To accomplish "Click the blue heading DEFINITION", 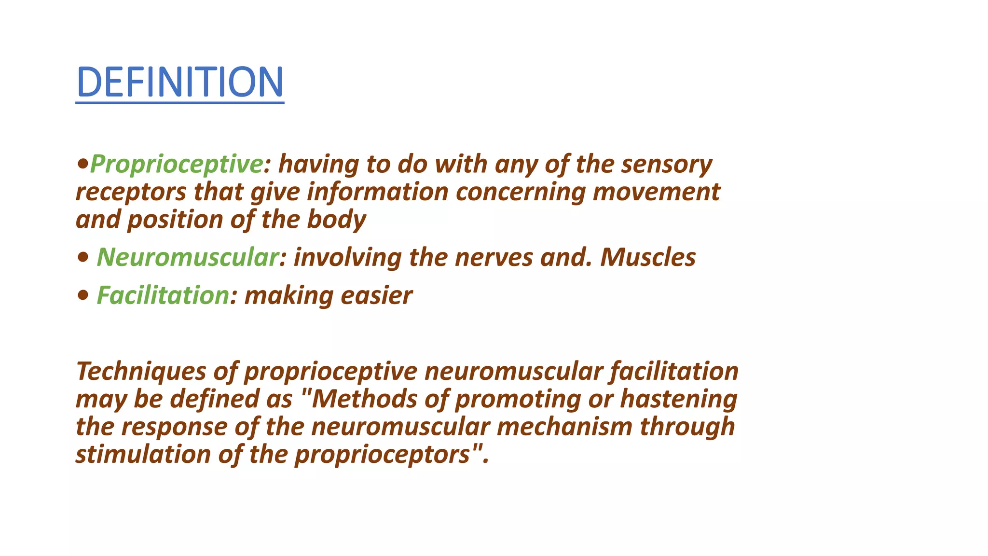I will [180, 82].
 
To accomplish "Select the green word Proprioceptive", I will [177, 164].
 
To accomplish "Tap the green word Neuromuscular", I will [188, 257].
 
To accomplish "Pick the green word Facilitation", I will [163, 295].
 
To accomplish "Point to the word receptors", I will [131, 192].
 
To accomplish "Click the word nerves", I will [494, 257].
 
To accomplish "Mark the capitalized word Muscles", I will [648, 257].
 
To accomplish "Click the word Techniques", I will [141, 371].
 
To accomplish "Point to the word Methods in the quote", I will [364, 399].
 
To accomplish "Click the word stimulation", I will [143, 454].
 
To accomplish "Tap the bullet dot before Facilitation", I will [83, 295].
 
